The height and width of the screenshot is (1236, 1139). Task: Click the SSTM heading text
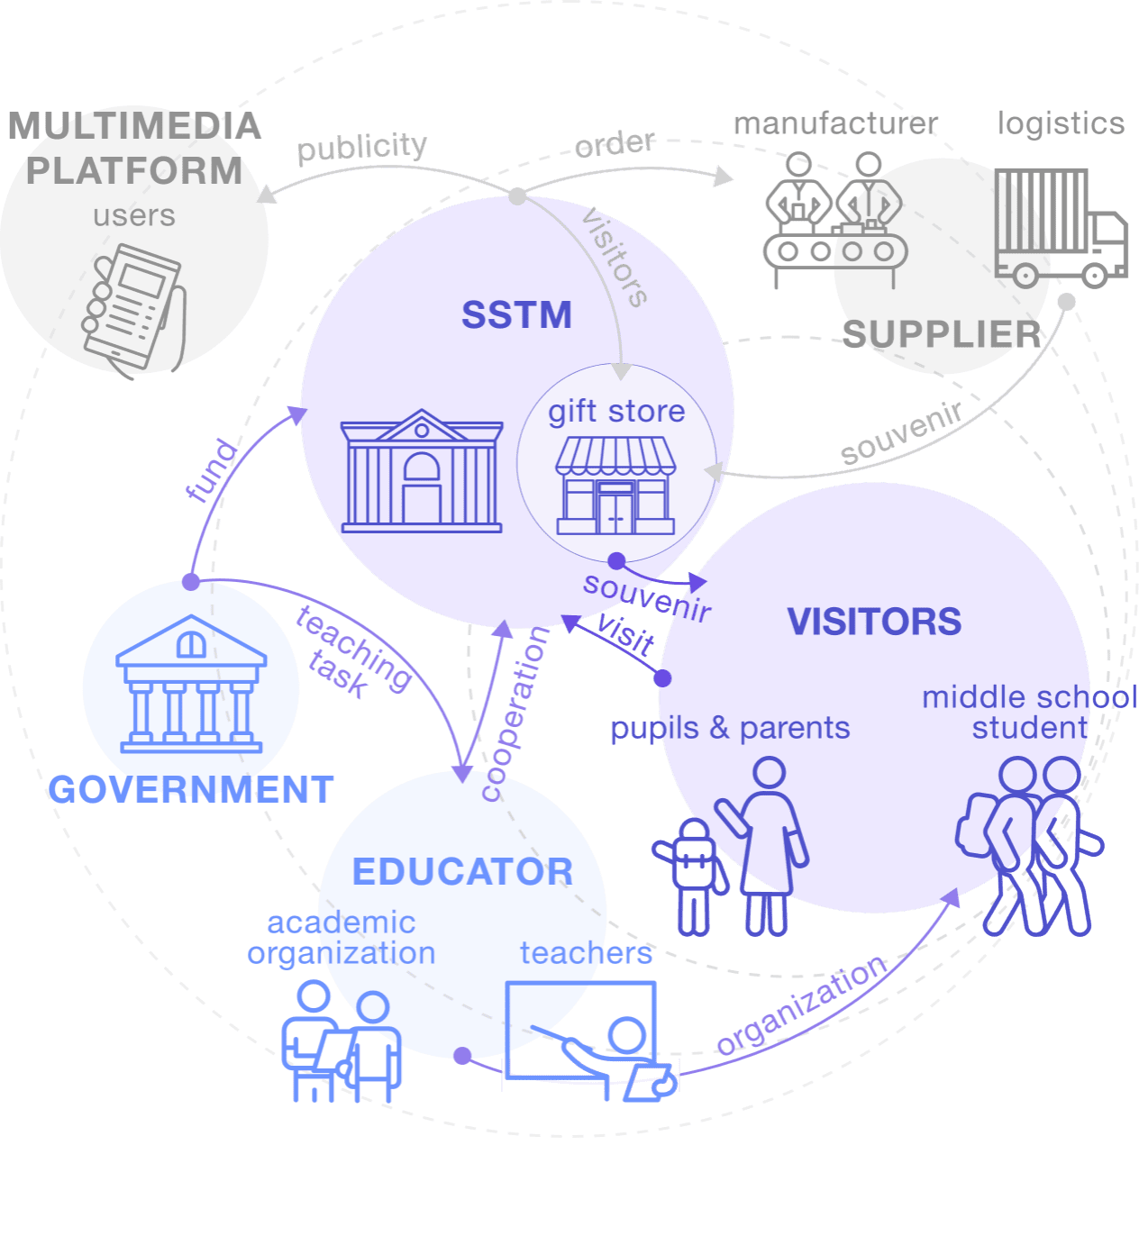coord(516,315)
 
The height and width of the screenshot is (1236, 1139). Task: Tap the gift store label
coord(616,412)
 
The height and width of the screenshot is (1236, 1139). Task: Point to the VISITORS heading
coord(874,622)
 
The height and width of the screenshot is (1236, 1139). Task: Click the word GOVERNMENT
coord(191,790)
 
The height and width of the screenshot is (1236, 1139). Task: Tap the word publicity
coord(361,147)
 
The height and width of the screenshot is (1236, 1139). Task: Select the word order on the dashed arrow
coord(615,143)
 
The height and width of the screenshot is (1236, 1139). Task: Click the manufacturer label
coord(834,123)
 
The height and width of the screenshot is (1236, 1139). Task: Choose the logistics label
coord(1060,123)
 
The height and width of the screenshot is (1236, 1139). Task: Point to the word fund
coord(213,469)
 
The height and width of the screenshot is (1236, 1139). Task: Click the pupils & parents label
coord(730,728)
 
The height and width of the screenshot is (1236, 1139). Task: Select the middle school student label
coord(1029,712)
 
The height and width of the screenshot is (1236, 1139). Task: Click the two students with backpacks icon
coord(1029,847)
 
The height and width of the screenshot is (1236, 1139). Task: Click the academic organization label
coord(342,938)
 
